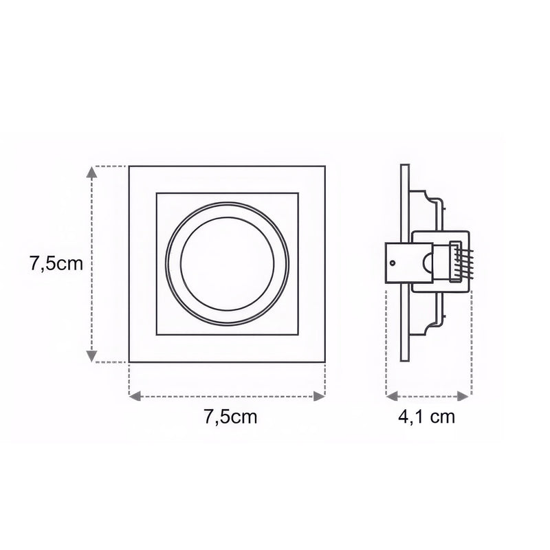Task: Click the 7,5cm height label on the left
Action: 56,263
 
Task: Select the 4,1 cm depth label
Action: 427,417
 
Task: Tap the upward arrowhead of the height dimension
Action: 91,172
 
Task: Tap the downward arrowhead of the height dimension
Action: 91,355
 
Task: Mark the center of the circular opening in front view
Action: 228,264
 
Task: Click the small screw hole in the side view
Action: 392,262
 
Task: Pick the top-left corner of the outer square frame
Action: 130,166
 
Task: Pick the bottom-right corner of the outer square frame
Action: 324,361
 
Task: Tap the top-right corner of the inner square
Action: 298,194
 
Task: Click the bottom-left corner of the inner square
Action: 157,335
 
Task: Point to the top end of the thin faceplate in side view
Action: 405,166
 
